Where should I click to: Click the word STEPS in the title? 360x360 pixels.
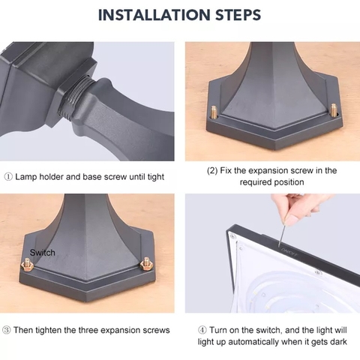tap(236, 14)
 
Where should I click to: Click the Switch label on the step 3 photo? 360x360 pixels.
tap(43, 253)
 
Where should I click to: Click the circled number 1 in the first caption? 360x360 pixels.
tap(8, 177)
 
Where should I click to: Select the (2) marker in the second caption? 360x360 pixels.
tap(214, 171)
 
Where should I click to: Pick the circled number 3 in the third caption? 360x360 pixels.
tap(8, 330)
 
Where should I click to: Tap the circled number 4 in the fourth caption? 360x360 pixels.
tap(202, 330)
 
